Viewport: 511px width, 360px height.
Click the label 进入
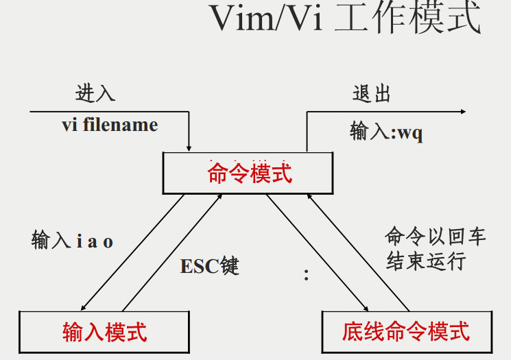(95, 93)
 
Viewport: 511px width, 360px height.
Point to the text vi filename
(110, 125)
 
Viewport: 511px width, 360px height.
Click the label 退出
(372, 94)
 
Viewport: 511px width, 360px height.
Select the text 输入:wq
(387, 132)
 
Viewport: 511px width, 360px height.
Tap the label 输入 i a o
(72, 240)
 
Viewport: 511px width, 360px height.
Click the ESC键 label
(210, 266)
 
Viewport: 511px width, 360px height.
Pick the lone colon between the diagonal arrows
(306, 275)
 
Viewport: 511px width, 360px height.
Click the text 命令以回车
(436, 236)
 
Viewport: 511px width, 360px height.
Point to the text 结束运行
(426, 261)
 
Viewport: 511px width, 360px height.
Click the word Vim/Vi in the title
(266, 19)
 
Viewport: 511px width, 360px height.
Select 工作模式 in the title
(407, 17)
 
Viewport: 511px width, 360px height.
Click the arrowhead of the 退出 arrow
(463, 112)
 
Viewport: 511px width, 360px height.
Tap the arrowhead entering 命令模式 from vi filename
(189, 149)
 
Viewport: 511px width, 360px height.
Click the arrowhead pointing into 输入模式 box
(83, 308)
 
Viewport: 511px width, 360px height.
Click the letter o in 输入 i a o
(108, 242)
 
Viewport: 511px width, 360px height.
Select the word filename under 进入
(120, 125)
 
